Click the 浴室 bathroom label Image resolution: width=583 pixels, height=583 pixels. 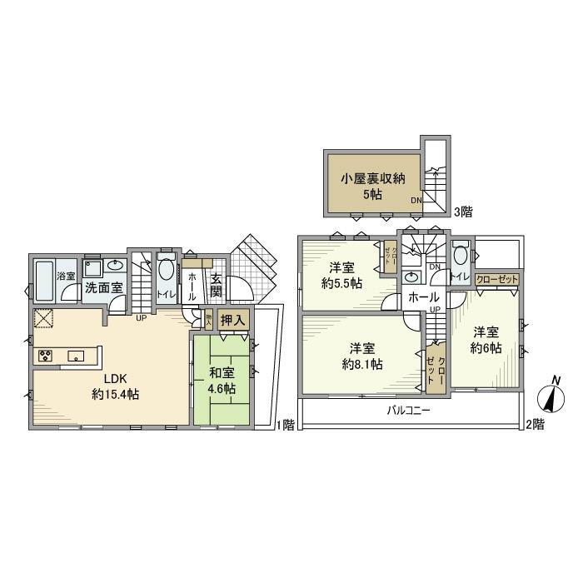pyautogui.click(x=65, y=276)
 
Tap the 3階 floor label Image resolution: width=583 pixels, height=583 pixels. pyautogui.click(x=462, y=212)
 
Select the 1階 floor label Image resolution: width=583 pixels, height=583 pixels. pyautogui.click(x=284, y=425)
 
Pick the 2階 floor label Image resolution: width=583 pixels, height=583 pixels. pyautogui.click(x=534, y=425)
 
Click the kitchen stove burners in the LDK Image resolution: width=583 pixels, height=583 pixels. pyautogui.click(x=45, y=356)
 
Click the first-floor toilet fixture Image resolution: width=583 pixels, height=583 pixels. pyautogui.click(x=166, y=270)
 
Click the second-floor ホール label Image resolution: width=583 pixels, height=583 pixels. pyautogui.click(x=423, y=296)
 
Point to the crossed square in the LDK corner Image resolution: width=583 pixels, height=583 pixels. pyautogui.click(x=43, y=318)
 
